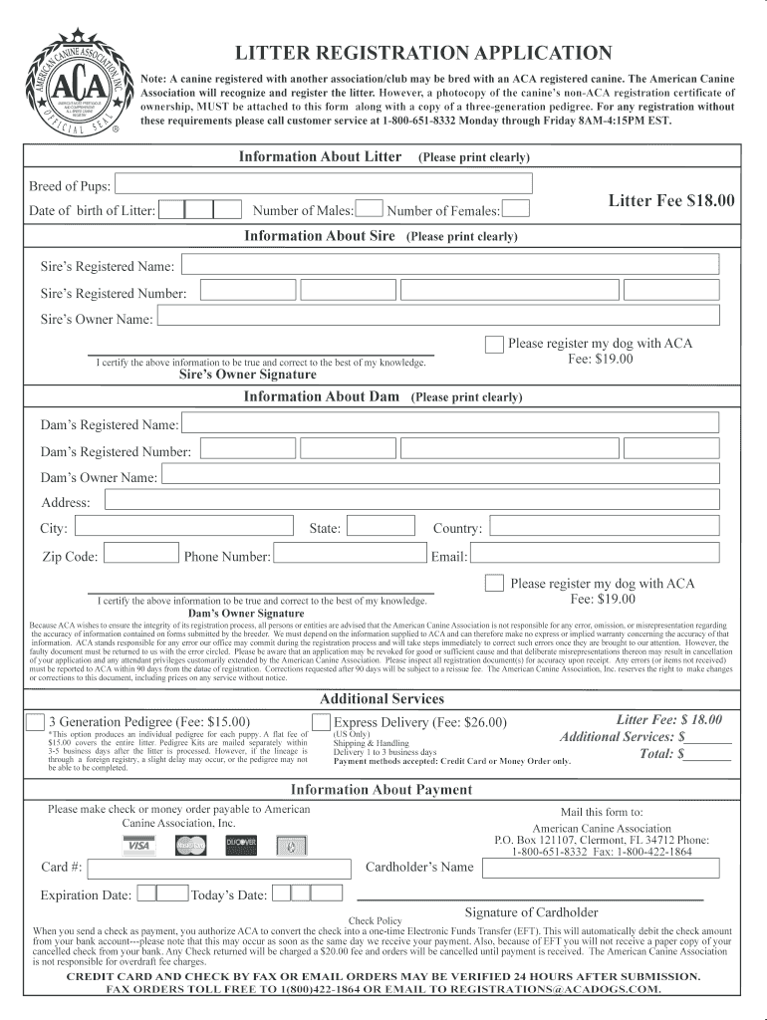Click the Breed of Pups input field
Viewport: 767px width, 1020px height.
pos(324,184)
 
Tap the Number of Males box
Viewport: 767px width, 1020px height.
pos(370,209)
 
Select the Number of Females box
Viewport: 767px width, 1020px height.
pos(516,209)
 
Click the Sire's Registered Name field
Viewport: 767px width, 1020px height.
pos(451,264)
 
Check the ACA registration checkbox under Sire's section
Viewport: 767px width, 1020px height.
pos(494,345)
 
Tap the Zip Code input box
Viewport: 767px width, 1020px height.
pos(141,554)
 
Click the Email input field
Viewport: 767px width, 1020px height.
pos(595,554)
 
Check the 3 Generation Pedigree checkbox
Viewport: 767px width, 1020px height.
pos(36,722)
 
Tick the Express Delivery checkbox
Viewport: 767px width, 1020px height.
pos(322,722)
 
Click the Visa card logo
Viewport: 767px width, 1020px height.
pos(138,846)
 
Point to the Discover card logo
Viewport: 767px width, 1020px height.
pos(241,846)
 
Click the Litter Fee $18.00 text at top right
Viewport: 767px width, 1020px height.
pos(671,200)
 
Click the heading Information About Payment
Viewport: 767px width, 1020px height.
pos(382,790)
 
